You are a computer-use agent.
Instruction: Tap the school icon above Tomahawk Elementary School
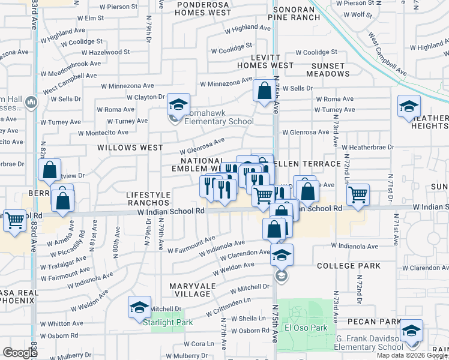(178, 104)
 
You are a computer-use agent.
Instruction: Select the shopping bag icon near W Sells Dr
(264, 91)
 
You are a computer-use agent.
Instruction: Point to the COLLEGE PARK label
(349, 266)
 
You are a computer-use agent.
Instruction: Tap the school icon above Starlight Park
(139, 308)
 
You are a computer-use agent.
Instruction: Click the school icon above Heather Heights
(409, 107)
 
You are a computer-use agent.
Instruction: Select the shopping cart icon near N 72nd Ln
(358, 194)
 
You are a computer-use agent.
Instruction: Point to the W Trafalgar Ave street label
(62, 263)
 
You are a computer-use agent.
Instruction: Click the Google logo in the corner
(19, 353)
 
